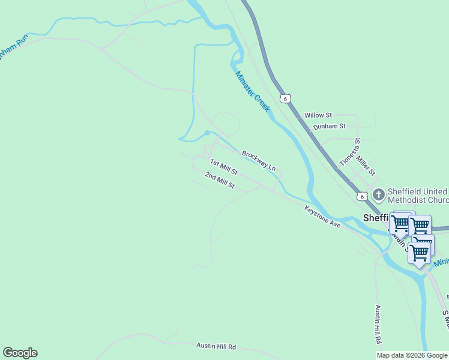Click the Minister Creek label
(253, 91)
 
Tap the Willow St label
(318, 115)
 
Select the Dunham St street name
(330, 127)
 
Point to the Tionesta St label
(349, 152)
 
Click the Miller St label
(365, 163)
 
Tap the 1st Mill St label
(224, 167)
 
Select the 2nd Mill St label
(219, 180)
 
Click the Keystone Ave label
(322, 217)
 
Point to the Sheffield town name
(376, 218)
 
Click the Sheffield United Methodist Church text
(417, 195)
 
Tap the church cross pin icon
(378, 194)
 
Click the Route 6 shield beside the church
(361, 196)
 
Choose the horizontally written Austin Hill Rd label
(216, 346)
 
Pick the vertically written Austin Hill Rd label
(378, 324)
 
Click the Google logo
(20, 353)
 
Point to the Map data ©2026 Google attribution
(412, 355)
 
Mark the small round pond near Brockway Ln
(206, 133)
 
